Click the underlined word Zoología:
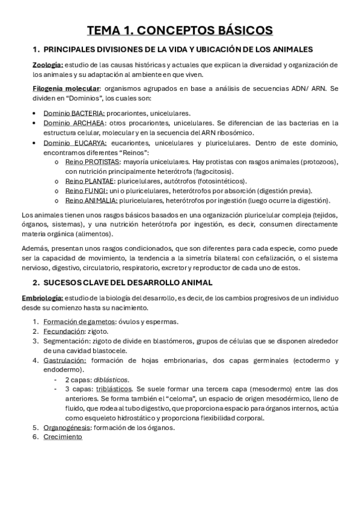point(47,64)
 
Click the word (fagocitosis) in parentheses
point(210,171)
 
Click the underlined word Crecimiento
point(63,437)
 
